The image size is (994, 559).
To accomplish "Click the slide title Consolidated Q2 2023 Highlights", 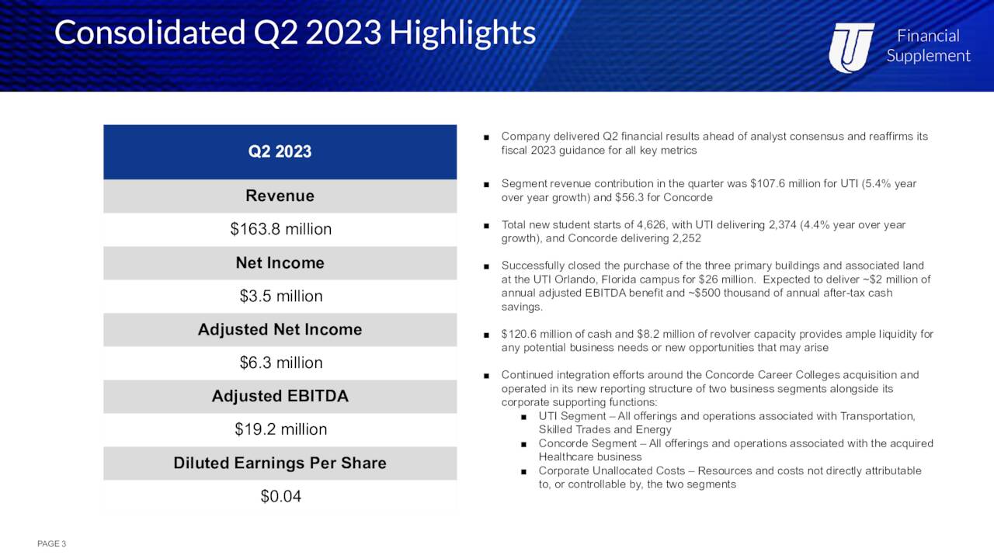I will pyautogui.click(x=295, y=33).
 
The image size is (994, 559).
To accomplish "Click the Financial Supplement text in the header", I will pyautogui.click(x=928, y=46).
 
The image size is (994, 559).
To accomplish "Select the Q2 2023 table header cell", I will pyautogui.click(x=280, y=151).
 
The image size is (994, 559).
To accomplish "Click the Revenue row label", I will pyautogui.click(x=280, y=196).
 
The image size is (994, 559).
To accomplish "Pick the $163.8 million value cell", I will pyautogui.click(x=280, y=229).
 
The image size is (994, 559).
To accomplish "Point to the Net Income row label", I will pyautogui.click(x=280, y=262).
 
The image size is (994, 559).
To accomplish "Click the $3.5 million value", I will pyautogui.click(x=280, y=296).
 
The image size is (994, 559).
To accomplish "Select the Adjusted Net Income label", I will pyautogui.click(x=280, y=329).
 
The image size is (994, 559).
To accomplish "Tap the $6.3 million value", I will pyautogui.click(x=280, y=363).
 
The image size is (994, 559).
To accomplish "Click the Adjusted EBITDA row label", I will pyautogui.click(x=280, y=396).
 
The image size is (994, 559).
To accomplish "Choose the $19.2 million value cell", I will pyautogui.click(x=280, y=429).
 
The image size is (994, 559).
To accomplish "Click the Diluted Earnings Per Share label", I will pyautogui.click(x=280, y=463).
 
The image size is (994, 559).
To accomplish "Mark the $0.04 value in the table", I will pyautogui.click(x=280, y=496).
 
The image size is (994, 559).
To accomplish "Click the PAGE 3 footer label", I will pyautogui.click(x=51, y=543).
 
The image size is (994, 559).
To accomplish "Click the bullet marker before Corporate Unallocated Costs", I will pyautogui.click(x=524, y=471).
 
